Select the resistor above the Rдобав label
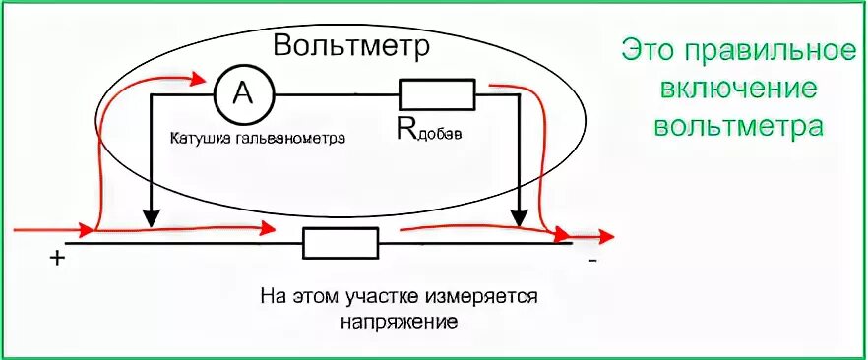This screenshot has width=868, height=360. coord(437,94)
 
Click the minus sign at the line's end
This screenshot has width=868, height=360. coord(591,262)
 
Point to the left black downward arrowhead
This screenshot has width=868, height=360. coord(150,218)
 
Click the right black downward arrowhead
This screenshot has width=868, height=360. coord(519,218)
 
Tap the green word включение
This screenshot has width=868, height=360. coord(738,90)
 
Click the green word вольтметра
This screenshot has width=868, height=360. coord(738,127)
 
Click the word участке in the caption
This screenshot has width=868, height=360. coord(392,295)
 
